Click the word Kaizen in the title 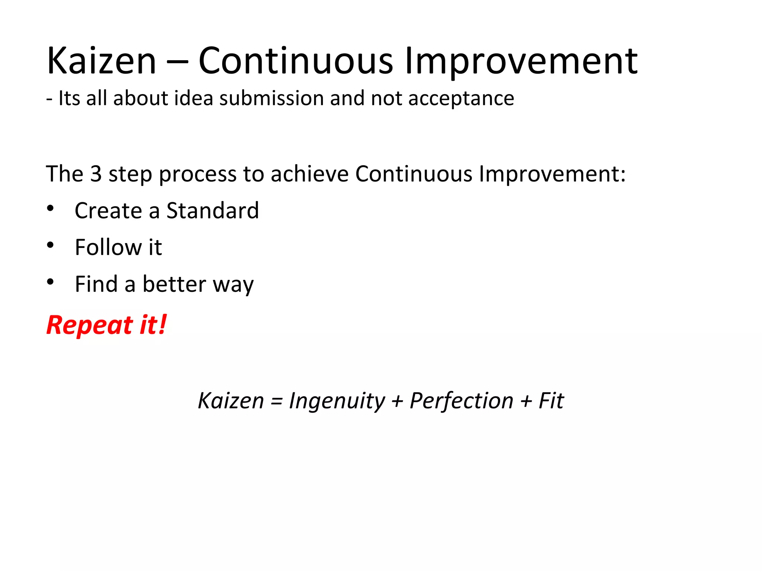click(x=101, y=61)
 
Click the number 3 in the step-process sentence click(x=96, y=174)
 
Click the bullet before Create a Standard click(x=51, y=209)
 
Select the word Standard click(x=212, y=211)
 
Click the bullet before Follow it click(x=51, y=245)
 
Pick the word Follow click(x=108, y=247)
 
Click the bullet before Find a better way click(x=51, y=282)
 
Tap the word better click(x=174, y=284)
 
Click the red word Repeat click(x=90, y=326)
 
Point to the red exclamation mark click(x=162, y=324)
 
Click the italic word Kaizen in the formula click(x=231, y=401)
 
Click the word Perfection click(x=461, y=401)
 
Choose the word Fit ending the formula click(x=551, y=401)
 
